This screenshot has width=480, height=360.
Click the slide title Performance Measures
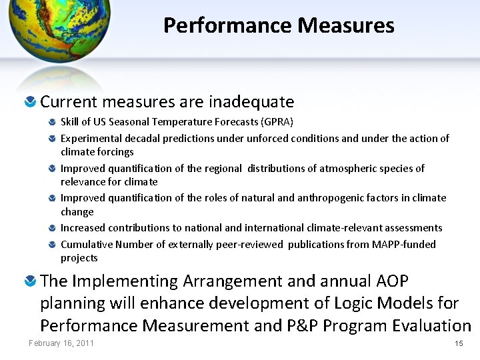tap(279, 25)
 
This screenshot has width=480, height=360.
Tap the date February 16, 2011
tap(61, 343)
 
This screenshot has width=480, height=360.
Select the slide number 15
tap(458, 343)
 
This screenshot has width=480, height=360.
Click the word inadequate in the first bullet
tap(251, 102)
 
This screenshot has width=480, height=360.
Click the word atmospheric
tap(350, 168)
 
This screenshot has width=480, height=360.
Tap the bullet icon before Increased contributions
tap(53, 229)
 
